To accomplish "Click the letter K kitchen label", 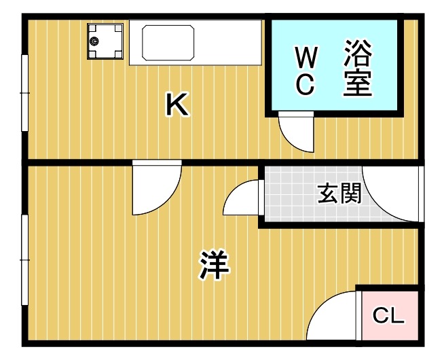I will pos(177,105).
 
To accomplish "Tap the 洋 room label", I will pos(214,265).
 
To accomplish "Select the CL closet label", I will pos(389,316).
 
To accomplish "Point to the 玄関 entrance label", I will pos(339,194).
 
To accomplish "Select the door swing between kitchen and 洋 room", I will pos(155,189).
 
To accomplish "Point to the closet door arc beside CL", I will pos(333,318).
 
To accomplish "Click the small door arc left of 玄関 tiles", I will pos(242,199).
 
